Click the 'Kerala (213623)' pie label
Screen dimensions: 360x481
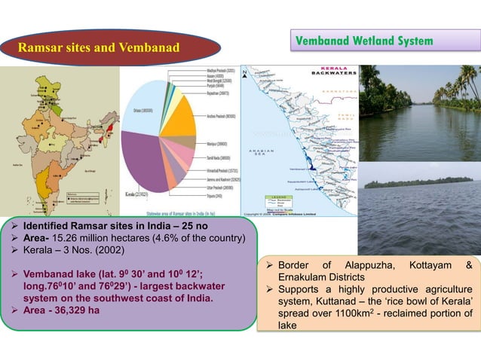[x=136, y=194]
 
